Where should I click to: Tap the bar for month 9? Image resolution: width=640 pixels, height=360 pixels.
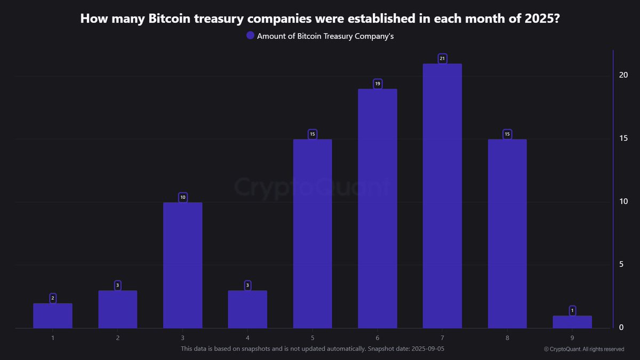(x=572, y=322)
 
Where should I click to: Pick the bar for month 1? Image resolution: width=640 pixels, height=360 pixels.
(x=53, y=316)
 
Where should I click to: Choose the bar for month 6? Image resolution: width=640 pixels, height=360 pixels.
(x=377, y=209)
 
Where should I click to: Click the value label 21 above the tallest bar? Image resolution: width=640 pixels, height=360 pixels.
(x=442, y=58)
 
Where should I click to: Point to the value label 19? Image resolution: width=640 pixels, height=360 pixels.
(x=377, y=84)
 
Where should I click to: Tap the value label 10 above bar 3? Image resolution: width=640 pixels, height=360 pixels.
(x=182, y=197)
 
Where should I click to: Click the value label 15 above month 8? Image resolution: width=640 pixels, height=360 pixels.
(x=507, y=134)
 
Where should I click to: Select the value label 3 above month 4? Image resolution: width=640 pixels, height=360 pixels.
(x=247, y=285)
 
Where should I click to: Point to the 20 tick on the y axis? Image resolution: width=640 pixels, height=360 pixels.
(x=623, y=75)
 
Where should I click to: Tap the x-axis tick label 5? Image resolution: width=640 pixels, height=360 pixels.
(x=313, y=338)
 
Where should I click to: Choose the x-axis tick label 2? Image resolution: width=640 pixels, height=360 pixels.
(x=117, y=338)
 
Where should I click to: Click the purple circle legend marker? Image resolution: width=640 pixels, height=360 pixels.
(x=250, y=36)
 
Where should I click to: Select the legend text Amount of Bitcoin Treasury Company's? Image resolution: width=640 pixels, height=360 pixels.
(x=325, y=36)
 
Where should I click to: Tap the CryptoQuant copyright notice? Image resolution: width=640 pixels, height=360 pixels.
(x=584, y=349)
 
